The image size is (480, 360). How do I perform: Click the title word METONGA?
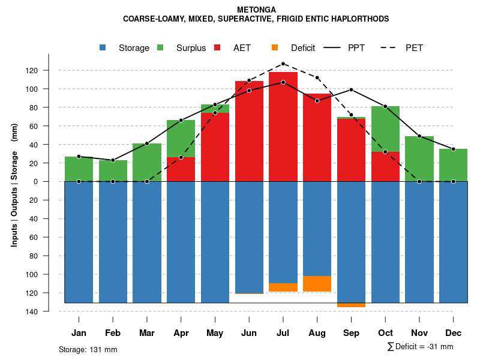pos(256,10)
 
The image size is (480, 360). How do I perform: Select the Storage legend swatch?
pos(104,47)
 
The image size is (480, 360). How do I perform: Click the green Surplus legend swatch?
pos(160,47)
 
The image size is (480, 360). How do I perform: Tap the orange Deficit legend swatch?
pos(275,47)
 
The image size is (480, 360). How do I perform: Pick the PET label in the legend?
pos(414,48)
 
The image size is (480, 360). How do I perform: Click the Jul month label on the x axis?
pos(283,333)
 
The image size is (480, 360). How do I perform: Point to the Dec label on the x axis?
pos(454,333)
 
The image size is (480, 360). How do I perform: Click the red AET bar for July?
pos(283,126)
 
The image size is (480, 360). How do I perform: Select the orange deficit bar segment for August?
pos(317,284)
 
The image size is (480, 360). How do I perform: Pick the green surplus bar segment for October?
pos(385,129)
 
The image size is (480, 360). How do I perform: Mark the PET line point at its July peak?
pos(283,64)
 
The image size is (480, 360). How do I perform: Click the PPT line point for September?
pos(351,90)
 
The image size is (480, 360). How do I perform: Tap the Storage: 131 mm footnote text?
pos(88,349)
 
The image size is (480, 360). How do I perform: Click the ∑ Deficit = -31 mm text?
pos(421,347)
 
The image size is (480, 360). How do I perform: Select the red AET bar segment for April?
pos(181,169)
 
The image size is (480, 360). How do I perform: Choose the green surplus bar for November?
pos(419,159)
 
